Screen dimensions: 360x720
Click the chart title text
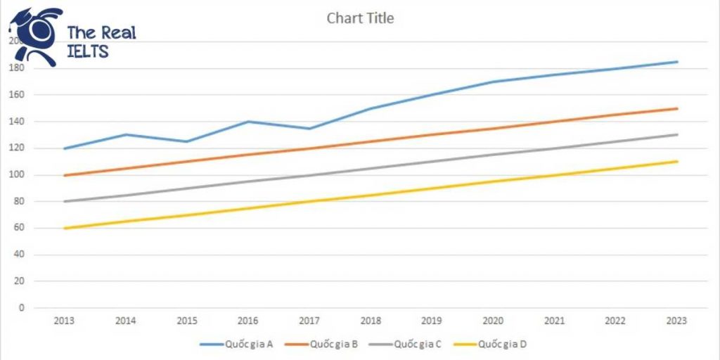point(360,18)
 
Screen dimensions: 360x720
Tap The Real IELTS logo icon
point(35,35)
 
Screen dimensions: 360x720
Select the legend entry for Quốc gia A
point(231,345)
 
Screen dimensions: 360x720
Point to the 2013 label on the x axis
point(65,321)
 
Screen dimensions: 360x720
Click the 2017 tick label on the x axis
point(309,321)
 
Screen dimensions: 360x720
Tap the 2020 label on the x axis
point(493,321)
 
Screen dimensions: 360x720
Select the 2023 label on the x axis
point(676,321)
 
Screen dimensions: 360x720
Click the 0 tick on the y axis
point(22,308)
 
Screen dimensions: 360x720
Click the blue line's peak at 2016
point(248,122)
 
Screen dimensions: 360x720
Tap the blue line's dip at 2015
point(187,141)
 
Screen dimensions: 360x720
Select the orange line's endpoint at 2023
point(676,108)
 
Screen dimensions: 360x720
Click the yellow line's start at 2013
point(65,229)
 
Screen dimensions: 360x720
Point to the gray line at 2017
point(309,175)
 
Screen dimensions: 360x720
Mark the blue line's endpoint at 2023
point(676,62)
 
